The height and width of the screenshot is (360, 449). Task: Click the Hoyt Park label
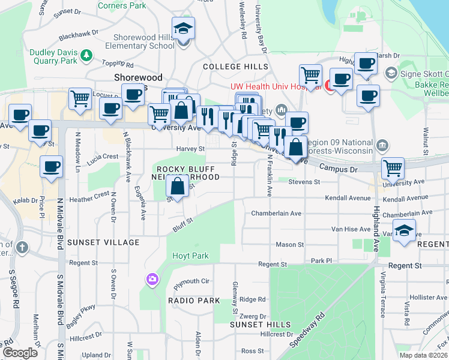(x=190, y=256)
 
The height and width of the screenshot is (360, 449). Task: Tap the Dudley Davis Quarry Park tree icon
(x=87, y=55)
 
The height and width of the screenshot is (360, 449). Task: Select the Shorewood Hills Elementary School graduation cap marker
(x=183, y=29)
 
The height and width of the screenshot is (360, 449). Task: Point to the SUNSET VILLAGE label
(x=103, y=242)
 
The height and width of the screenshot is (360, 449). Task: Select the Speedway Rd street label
(x=307, y=329)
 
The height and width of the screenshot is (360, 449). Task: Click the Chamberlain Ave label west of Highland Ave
(x=276, y=213)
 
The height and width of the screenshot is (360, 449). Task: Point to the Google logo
(x=20, y=352)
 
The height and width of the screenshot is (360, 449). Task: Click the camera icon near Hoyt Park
(x=152, y=278)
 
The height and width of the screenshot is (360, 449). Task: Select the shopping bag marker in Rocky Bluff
(x=178, y=187)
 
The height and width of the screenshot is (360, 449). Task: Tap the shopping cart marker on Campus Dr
(x=393, y=168)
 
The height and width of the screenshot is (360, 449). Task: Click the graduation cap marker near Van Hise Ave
(x=405, y=231)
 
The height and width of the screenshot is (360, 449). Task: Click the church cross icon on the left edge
(x=22, y=247)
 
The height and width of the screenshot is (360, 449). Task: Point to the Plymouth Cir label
(x=191, y=281)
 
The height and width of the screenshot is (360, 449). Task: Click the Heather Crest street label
(x=90, y=194)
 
